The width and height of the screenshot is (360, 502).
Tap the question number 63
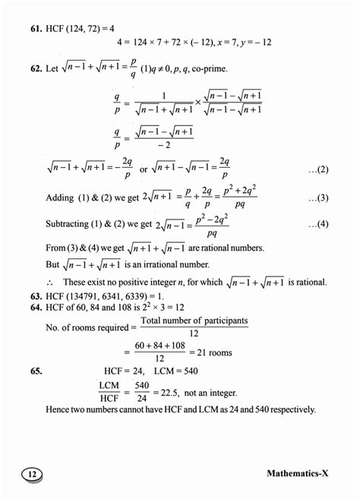36,295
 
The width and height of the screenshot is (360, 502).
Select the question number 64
36,306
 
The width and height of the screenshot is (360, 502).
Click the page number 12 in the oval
30,474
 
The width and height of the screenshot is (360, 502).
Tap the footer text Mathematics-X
298,473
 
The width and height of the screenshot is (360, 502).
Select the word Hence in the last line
59,409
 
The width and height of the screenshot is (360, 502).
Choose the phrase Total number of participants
194,321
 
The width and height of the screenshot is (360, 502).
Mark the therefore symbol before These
49,283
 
